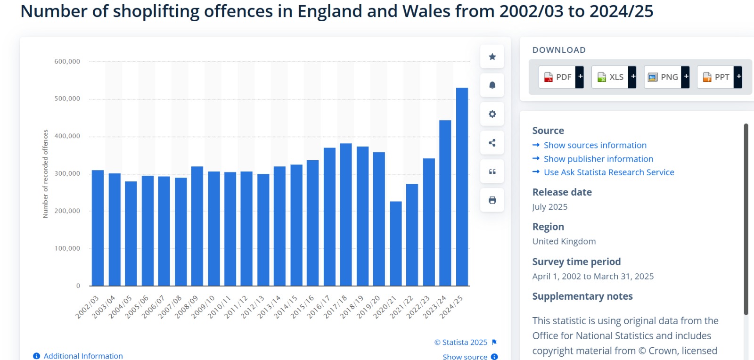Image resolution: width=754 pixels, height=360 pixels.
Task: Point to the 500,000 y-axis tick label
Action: click(67, 98)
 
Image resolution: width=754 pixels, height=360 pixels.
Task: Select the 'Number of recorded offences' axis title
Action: click(46, 173)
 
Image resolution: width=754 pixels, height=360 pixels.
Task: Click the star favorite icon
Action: click(492, 57)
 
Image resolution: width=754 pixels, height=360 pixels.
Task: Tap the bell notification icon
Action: click(492, 85)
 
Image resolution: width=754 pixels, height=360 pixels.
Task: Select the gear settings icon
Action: click(492, 114)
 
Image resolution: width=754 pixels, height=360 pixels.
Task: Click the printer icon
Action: click(492, 200)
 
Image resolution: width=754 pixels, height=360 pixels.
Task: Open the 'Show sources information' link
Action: click(595, 145)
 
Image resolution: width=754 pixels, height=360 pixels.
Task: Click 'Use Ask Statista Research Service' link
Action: click(608, 172)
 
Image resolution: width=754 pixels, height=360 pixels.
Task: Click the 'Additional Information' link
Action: click(83, 356)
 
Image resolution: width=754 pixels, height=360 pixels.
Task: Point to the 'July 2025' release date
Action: click(549, 207)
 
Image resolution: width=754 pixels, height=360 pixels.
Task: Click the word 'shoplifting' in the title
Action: click(156, 11)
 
